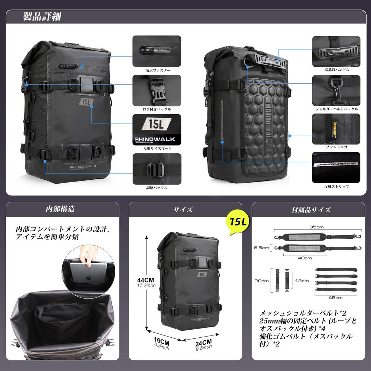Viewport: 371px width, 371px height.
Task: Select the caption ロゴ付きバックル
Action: point(157,109)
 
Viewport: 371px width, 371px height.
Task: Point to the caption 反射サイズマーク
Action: point(157,149)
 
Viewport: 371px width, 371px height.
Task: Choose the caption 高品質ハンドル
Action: point(337,69)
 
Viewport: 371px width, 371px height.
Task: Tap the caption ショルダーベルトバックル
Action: point(337,109)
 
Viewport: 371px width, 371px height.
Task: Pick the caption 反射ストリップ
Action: point(337,186)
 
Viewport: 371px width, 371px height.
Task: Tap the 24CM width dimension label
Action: point(202,342)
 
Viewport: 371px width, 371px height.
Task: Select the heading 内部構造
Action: point(62,209)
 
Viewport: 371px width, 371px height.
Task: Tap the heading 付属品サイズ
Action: point(311,209)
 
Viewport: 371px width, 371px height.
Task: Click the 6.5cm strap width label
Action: point(262,248)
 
